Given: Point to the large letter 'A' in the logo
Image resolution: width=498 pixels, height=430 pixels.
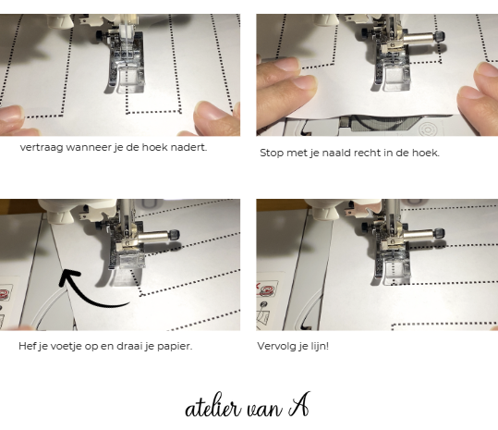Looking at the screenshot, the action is tap(298, 405).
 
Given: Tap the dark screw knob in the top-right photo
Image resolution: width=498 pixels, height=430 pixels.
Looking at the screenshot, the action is tap(440, 37).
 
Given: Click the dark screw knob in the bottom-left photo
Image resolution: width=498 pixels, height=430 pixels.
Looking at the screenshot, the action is tap(174, 235).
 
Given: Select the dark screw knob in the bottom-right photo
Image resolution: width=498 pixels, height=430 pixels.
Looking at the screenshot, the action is tap(440, 234).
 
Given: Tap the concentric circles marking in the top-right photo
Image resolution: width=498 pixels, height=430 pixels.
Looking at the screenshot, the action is tap(427, 129).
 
